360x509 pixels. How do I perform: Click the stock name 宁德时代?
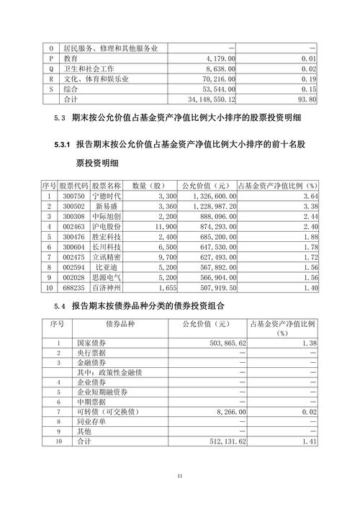pyautogui.click(x=106, y=195)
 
